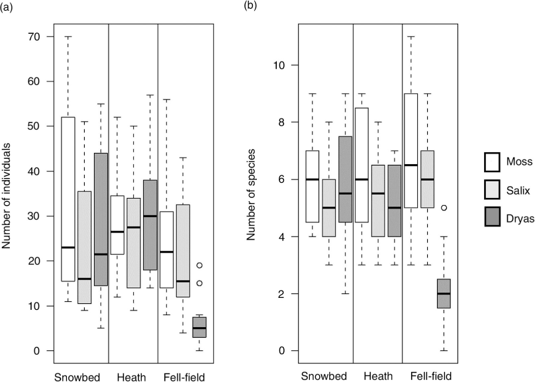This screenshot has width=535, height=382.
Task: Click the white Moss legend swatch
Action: pos(492,162)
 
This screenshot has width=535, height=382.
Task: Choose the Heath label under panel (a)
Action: pos(132,377)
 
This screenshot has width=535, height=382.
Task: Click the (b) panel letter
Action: pos(250,6)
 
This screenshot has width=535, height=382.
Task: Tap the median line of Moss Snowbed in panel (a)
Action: pos(68,248)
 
